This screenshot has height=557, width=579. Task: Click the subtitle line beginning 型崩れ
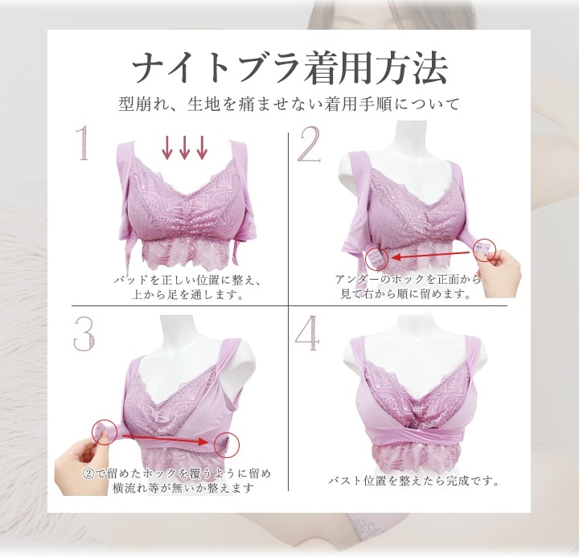click(289, 104)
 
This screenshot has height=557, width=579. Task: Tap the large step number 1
click(84, 142)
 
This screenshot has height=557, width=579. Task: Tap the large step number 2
click(309, 144)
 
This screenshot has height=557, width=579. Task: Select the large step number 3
click(84, 334)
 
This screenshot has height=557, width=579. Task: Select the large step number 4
click(307, 334)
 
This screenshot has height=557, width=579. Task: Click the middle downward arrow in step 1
click(184, 148)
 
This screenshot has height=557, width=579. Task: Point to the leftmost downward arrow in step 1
click(167, 148)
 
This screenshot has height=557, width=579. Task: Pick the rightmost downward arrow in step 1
click(202, 148)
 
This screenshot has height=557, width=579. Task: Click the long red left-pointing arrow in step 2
click(432, 254)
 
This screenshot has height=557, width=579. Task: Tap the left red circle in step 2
click(376, 258)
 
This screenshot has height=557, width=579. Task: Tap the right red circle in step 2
click(484, 250)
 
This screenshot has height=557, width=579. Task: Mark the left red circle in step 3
click(104, 432)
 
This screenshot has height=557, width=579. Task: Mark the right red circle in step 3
click(226, 444)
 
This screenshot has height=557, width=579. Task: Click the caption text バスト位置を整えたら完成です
click(414, 481)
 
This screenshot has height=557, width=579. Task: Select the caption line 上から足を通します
click(187, 295)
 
